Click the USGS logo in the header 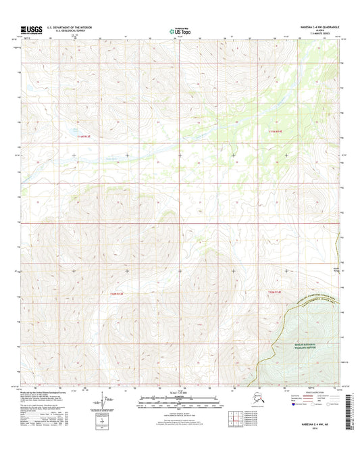[32, 29]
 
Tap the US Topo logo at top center [179, 30]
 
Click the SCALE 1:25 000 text [179, 393]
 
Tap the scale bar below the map [179, 404]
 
